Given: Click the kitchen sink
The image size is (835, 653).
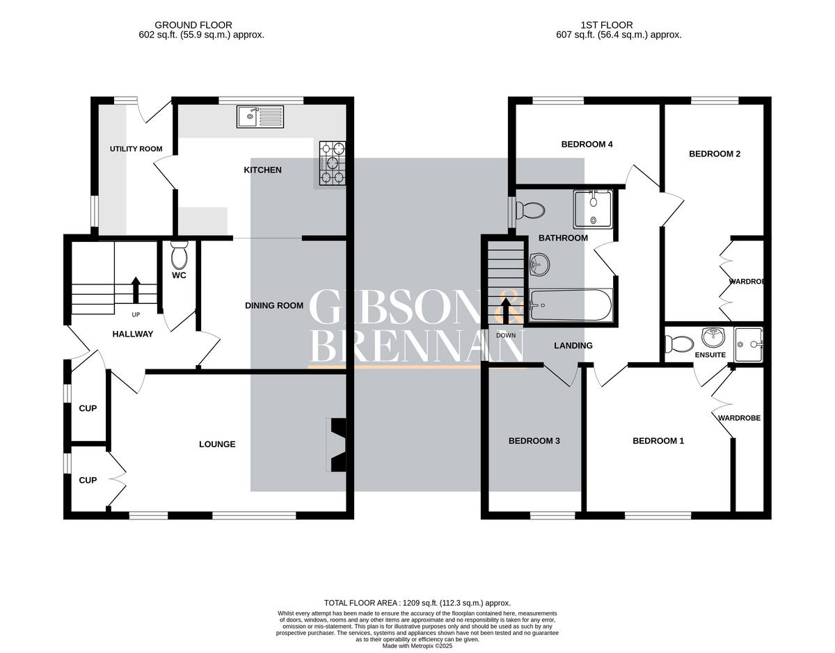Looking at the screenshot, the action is coord(260,117).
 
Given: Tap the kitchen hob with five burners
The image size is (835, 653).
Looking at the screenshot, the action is coord(333,163).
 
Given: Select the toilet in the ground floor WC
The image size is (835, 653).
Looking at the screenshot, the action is coord(179,255).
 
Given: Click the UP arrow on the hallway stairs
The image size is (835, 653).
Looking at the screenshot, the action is coord(135,291).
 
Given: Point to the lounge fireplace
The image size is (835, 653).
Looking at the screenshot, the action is coord(337,444).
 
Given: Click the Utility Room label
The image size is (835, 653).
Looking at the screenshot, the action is coord(136,149).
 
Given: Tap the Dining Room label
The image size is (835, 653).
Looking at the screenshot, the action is coord(274,305).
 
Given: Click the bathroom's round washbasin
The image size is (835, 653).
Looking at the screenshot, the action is coord(539,264).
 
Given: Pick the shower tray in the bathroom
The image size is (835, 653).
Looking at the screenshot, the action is coord(593,209).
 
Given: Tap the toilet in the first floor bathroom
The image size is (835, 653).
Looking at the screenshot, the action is coord(530,211).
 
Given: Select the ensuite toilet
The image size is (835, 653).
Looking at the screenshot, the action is coord(679,344).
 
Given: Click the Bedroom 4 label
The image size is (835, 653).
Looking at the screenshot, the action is coord(587,145).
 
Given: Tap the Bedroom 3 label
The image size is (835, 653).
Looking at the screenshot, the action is coord(534,441).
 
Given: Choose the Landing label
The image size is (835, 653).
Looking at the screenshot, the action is coord(573,346).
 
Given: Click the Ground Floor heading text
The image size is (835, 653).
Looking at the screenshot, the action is coord(193,25).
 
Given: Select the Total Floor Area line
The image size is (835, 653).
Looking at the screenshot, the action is coord(417,603).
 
